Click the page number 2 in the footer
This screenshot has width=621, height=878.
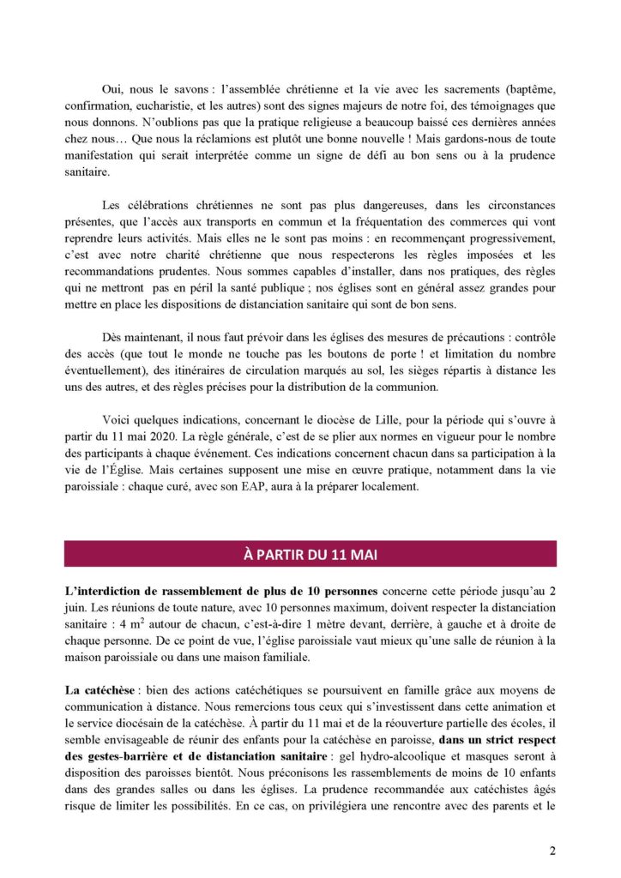point(552,851)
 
